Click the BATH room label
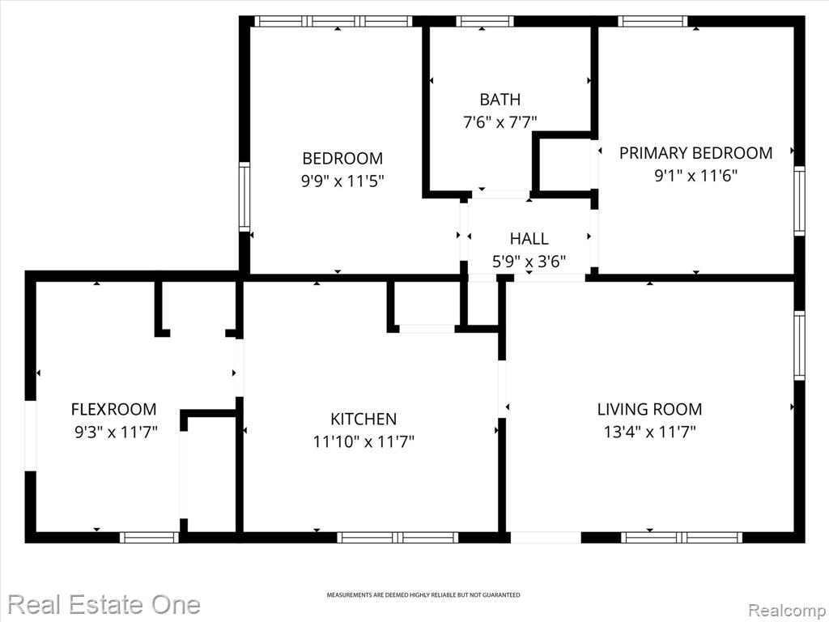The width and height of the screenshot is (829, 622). pos(500,100)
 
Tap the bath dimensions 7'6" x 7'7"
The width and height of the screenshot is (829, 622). pos(500,122)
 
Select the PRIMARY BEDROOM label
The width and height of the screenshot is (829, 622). pos(695,153)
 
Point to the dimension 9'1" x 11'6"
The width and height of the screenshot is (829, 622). pos(695,175)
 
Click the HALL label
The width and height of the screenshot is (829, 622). pos(529,239)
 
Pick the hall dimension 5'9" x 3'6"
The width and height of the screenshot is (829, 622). pos(529,262)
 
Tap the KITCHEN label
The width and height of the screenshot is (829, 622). pos(363,419)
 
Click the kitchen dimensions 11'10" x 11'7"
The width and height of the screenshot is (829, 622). pos(363,441)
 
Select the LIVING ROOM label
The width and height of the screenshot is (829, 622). pos(650,409)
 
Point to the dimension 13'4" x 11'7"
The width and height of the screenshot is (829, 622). pos(650,432)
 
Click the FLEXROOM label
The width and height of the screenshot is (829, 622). pos(113,409)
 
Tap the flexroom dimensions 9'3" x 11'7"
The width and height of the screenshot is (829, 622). pos(117,432)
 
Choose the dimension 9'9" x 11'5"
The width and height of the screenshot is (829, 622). pos(342,181)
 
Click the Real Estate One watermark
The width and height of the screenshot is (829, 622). pos(104,604)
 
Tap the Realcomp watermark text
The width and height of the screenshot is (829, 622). pos(788,610)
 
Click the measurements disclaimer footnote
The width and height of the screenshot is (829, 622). pos(423,595)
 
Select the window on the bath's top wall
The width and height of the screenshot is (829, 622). pos(485,21)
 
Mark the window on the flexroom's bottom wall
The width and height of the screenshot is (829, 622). pos(149,538)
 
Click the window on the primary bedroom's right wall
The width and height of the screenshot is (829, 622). pos(799,201)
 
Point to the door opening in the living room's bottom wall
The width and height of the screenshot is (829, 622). pos(546,538)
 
